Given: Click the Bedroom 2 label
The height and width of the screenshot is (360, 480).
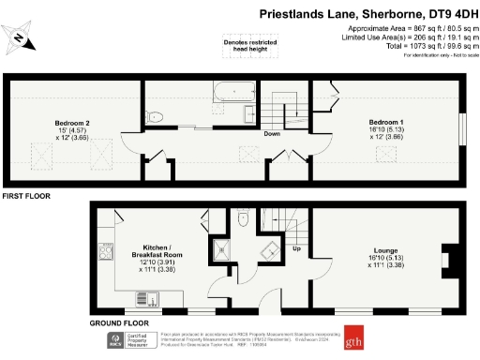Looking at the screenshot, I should [x=71, y=128].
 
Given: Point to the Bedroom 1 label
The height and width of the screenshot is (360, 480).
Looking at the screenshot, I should [x=386, y=128].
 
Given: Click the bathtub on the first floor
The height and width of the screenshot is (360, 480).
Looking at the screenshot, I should [x=234, y=93].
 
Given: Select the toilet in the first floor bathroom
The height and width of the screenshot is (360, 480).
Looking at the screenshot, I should [x=156, y=115].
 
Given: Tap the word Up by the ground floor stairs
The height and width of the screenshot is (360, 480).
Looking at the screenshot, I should [x=297, y=249].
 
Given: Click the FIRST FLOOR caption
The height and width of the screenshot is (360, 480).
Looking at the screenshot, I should [x=25, y=197].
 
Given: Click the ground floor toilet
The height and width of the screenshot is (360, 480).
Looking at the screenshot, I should [x=243, y=217].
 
